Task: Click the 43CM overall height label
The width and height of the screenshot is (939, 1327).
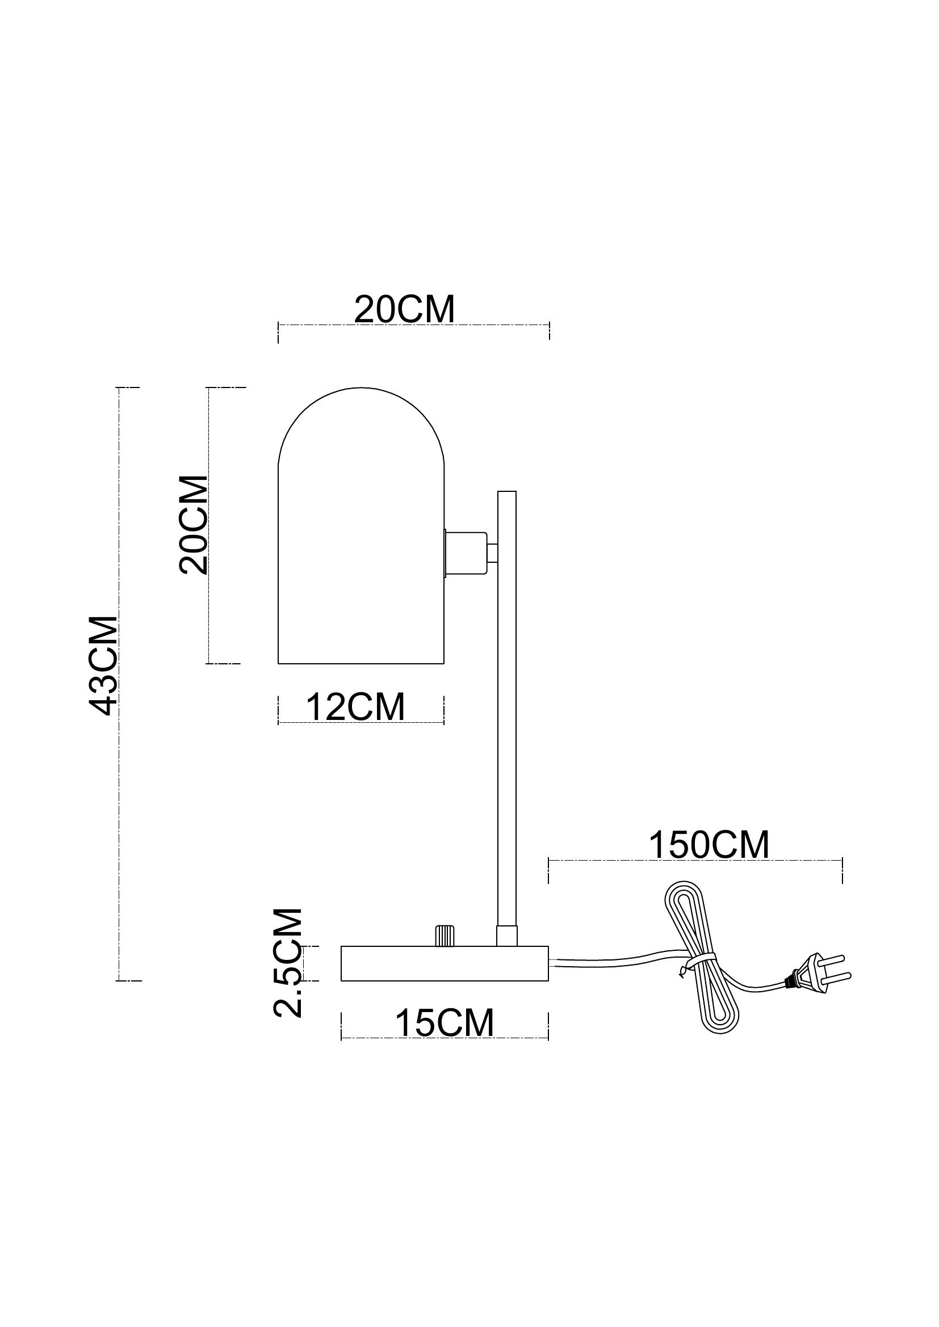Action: pos(104,665)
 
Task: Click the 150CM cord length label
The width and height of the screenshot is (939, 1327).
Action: pos(709,845)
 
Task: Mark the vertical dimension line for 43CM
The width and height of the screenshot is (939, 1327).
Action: pos(119,684)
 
